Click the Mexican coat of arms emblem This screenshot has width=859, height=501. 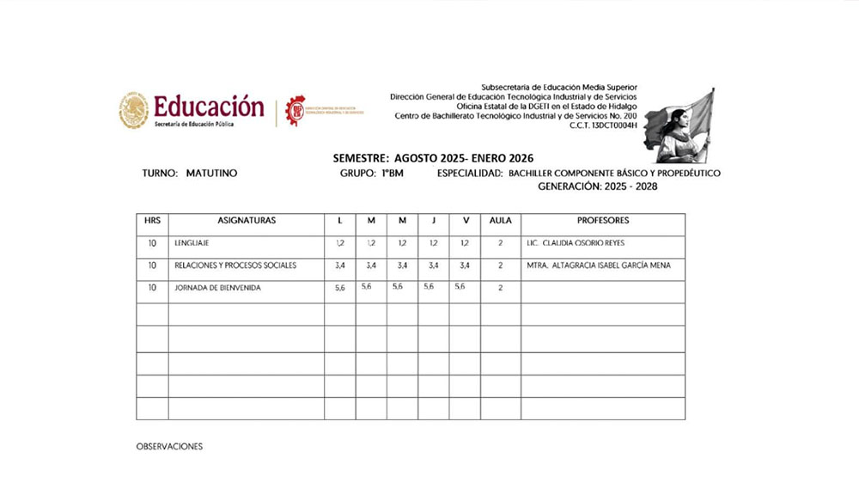[133, 111]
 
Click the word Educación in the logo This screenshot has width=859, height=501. [209, 107]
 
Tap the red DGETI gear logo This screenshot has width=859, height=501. [295, 111]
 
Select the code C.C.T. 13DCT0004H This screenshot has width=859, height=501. [603, 125]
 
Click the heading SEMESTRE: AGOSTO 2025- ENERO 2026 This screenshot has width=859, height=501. [433, 158]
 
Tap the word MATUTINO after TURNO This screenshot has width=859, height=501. [211, 174]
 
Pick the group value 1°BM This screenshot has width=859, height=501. [393, 174]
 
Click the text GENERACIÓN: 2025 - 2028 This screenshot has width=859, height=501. [597, 186]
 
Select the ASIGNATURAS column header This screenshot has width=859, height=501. [247, 221]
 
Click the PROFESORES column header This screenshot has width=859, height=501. [603, 221]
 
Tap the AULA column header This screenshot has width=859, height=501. [500, 221]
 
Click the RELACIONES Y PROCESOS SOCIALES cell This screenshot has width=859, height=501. [235, 266]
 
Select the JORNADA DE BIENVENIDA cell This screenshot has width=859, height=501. [217, 288]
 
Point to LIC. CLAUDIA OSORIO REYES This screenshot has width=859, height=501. [580, 244]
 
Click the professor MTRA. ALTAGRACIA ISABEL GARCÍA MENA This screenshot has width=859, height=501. [599, 266]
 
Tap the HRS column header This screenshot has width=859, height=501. [152, 221]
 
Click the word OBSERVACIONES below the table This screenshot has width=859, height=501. [169, 447]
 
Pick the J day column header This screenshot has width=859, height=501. [433, 221]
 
